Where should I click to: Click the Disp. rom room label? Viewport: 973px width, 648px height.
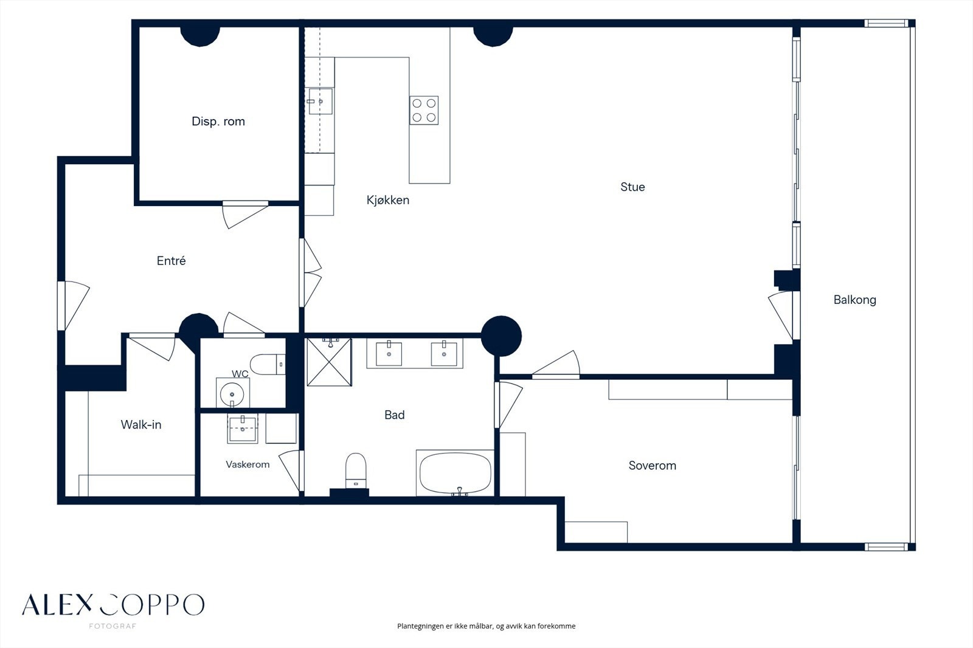coord(218,121)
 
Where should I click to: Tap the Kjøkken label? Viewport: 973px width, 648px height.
coord(388,200)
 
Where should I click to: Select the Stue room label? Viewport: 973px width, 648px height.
coord(632,187)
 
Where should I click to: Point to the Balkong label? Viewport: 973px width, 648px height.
coord(855,300)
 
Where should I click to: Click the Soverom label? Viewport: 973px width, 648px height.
coord(653,466)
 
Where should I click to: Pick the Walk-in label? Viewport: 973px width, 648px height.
coord(141,424)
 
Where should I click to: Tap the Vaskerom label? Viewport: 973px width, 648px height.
coord(248,464)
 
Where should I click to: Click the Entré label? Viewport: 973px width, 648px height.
coord(171,261)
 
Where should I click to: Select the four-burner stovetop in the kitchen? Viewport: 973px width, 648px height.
coord(424,110)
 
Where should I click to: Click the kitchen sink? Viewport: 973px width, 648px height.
coord(320,101)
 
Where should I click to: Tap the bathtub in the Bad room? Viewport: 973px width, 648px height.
coord(455,474)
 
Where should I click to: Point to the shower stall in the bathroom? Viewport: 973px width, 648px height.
coord(329,362)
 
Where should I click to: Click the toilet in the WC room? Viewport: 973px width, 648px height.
coord(268,364)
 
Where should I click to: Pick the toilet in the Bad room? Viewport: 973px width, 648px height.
coord(356,470)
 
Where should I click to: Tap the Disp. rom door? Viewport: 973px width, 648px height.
coord(245,214)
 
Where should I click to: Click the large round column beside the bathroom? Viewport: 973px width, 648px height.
coord(501,336)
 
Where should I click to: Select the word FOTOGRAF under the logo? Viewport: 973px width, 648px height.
coord(113,626)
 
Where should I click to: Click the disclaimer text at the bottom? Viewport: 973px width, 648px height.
coord(486,626)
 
